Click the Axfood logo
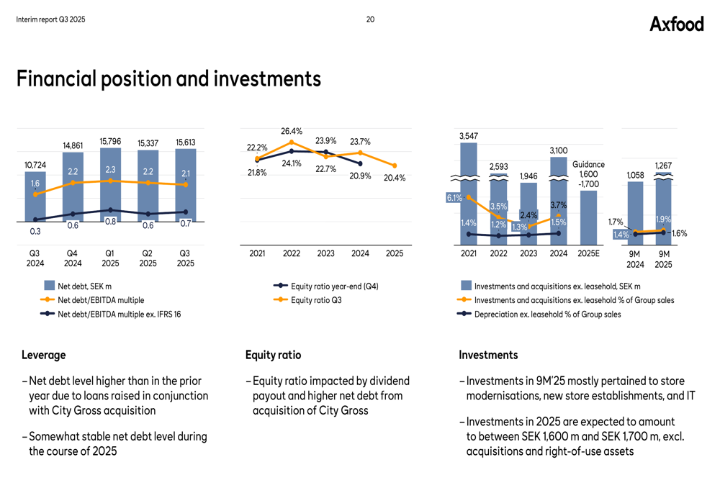click(676, 24)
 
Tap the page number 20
click(370, 19)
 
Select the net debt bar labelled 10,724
click(35, 198)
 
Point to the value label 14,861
click(73, 145)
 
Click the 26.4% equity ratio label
click(292, 131)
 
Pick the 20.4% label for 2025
click(395, 178)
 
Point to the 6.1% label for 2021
click(454, 198)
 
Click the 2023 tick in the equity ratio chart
click(326, 253)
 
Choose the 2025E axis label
click(589, 253)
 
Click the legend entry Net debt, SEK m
click(84, 286)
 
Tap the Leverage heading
click(43, 355)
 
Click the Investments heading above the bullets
click(488, 355)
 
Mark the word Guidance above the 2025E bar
click(588, 165)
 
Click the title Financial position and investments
click(168, 78)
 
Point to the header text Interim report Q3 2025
click(50, 19)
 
